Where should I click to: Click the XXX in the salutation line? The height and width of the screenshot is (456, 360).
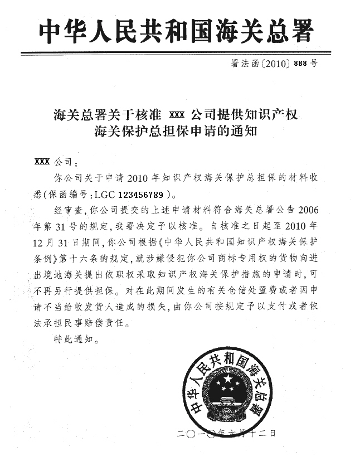point(42,162)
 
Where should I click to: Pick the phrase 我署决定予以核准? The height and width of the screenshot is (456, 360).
point(158,227)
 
